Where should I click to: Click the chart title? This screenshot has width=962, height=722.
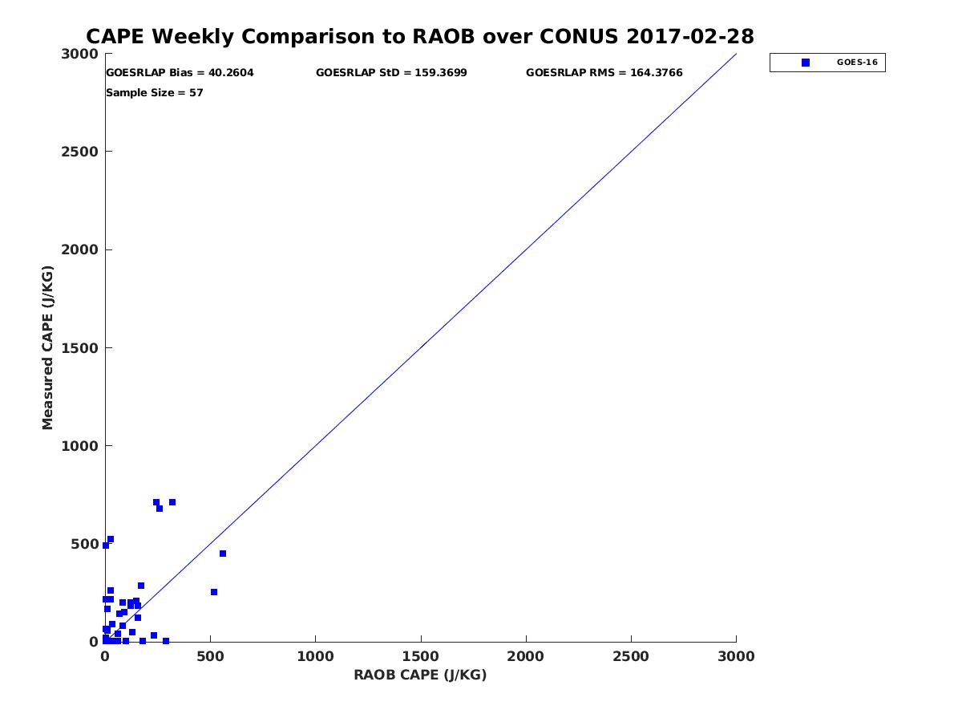pyautogui.click(x=419, y=37)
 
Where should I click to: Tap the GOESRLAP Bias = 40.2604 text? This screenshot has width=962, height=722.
pyautogui.click(x=180, y=73)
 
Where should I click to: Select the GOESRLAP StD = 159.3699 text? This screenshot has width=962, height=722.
pyautogui.click(x=391, y=73)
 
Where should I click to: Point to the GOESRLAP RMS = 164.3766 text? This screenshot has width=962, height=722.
pyautogui.click(x=604, y=73)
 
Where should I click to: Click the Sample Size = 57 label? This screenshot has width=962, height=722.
pyautogui.click(x=155, y=93)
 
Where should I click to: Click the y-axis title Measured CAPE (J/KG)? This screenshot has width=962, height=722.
pyautogui.click(x=48, y=347)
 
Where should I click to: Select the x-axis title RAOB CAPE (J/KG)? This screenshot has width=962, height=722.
pyautogui.click(x=420, y=675)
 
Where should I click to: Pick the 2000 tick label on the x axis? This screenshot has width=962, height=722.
pyautogui.click(x=526, y=657)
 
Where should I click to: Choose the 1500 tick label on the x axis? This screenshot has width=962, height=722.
pyautogui.click(x=421, y=657)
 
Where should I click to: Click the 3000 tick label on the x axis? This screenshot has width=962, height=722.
pyautogui.click(x=736, y=657)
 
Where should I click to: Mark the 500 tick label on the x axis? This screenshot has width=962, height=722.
pyautogui.click(x=210, y=657)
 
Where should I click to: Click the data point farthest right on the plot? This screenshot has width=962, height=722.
pyautogui.click(x=223, y=554)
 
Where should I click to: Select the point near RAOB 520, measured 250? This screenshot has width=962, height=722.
pyautogui.click(x=214, y=592)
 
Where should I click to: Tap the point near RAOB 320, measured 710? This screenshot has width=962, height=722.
pyautogui.click(x=172, y=502)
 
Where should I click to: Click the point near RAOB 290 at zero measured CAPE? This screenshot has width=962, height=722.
pyautogui.click(x=166, y=641)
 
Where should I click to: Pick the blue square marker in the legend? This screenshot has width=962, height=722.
pyautogui.click(x=806, y=63)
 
